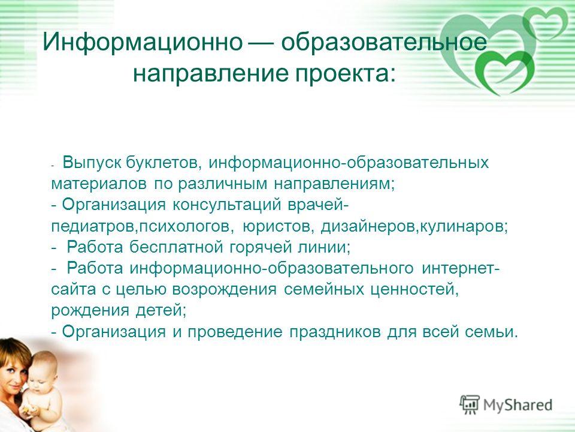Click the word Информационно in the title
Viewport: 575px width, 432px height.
[x=143, y=42]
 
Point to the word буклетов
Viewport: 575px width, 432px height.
[x=163, y=163]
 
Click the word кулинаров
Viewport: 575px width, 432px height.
[x=461, y=226]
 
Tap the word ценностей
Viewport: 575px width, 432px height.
[x=413, y=290]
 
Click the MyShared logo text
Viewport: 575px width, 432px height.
[x=517, y=405]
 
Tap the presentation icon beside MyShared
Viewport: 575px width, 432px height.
[x=470, y=405]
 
